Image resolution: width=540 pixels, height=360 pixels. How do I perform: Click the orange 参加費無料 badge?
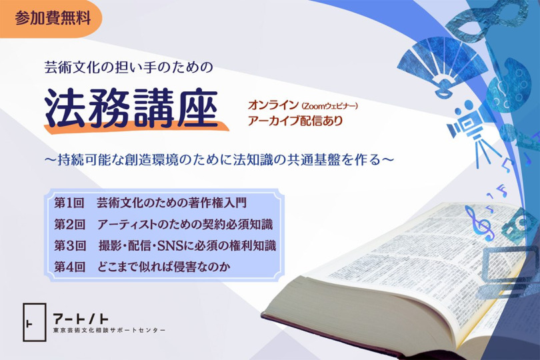pyautogui.click(x=51, y=19)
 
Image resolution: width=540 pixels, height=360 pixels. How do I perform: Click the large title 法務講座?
pyautogui.click(x=131, y=108)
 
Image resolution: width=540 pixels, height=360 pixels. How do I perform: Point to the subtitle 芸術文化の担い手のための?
pyautogui.click(x=129, y=67)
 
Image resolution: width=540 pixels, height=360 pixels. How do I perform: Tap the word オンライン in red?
pyautogui.click(x=273, y=105)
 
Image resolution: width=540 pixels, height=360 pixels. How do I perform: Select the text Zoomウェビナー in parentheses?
pyautogui.click(x=329, y=106)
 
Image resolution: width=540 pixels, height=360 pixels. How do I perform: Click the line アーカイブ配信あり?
pyautogui.click(x=295, y=121)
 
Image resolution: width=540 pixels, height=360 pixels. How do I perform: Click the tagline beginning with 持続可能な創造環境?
pyautogui.click(x=219, y=159)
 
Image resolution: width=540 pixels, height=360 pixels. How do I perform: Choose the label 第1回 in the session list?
pyautogui.click(x=69, y=203)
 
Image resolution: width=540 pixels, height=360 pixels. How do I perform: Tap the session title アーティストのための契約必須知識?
pyautogui.click(x=185, y=224)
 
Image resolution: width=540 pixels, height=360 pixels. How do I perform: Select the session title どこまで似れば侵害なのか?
pyautogui.click(x=163, y=267)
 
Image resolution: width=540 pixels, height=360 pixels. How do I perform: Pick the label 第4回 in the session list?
pyautogui.click(x=69, y=267)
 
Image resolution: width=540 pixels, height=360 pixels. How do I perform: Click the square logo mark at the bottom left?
pyautogui.click(x=35, y=322)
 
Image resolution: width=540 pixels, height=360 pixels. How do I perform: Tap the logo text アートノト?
pyautogui.click(x=81, y=319)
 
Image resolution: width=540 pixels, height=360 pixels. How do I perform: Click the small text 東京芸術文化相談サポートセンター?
pyautogui.click(x=109, y=331)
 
